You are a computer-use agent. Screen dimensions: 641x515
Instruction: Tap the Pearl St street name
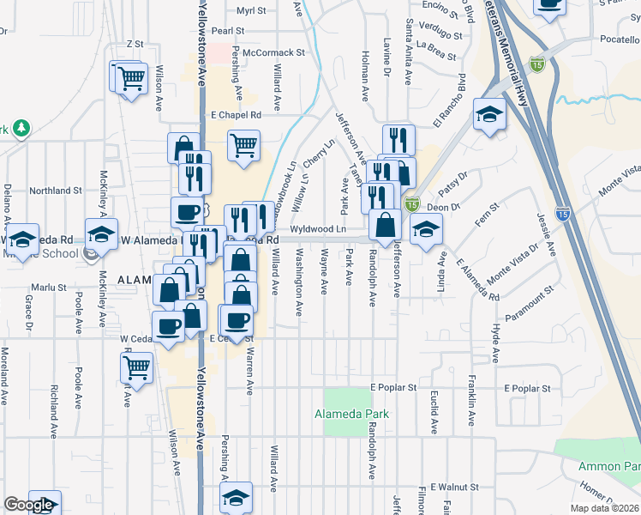(x=229, y=30)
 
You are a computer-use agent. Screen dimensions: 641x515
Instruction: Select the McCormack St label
(x=274, y=52)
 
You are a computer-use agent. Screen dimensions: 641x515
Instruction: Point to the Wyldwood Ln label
(x=318, y=229)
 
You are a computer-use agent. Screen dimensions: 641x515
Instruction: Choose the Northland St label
(x=55, y=191)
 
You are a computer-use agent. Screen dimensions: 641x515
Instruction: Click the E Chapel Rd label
(x=235, y=115)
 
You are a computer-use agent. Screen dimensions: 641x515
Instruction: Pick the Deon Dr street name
(x=444, y=207)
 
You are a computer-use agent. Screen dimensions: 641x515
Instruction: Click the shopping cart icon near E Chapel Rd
(x=244, y=145)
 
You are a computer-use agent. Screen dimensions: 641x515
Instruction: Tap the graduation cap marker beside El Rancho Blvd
(x=489, y=115)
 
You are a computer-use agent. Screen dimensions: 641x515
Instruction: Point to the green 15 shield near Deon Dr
(x=412, y=204)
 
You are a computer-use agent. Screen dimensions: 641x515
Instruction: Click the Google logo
(x=28, y=505)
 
